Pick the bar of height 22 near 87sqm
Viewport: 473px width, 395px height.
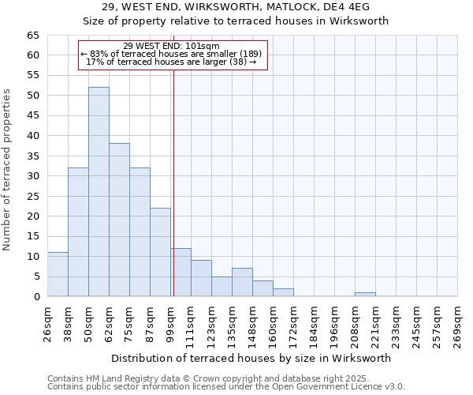pyautogui.click(x=160, y=252)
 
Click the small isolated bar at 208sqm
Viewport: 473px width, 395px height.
pyautogui.click(x=365, y=295)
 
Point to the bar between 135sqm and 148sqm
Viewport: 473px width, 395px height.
pyautogui.click(x=242, y=283)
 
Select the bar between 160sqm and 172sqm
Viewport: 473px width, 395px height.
pyautogui.click(x=283, y=292)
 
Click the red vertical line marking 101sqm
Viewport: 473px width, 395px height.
pyautogui.click(x=173, y=182)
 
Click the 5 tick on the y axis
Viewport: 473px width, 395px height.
pyautogui.click(x=36, y=276)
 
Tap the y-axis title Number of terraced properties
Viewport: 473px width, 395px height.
pyautogui.click(x=7, y=169)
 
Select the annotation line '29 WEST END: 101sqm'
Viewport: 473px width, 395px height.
pyautogui.click(x=172, y=46)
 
